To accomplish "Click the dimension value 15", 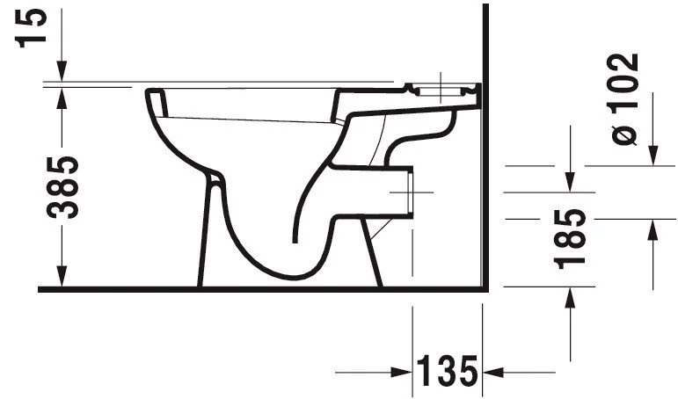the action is (x=31, y=26).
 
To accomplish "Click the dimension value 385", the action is (x=62, y=187).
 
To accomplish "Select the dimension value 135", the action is (x=447, y=372).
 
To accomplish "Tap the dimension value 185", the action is (x=570, y=239).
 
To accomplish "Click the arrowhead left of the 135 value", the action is (x=401, y=372).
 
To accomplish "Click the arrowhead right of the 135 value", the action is (x=493, y=372).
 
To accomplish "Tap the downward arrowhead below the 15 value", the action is (x=62, y=71).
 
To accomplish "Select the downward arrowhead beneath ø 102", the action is (x=652, y=156).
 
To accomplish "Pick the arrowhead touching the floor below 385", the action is (x=62, y=277).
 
